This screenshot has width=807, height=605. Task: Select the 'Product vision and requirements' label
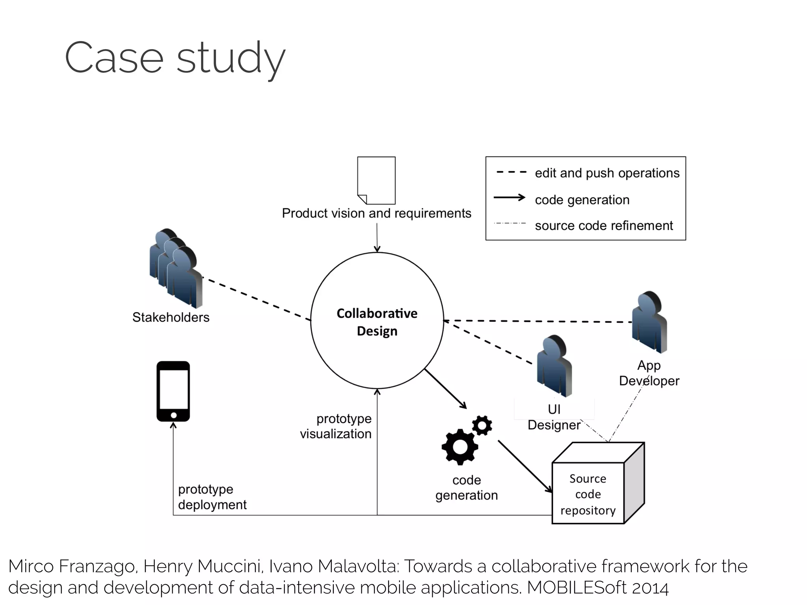pos(376,213)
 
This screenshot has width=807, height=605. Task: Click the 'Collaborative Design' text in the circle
pos(377,322)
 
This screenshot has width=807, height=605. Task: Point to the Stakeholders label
pos(171,317)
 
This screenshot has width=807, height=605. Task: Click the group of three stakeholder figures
pos(176,269)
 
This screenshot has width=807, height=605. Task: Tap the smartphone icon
pos(173,391)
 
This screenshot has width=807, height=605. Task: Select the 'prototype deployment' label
pos(212,497)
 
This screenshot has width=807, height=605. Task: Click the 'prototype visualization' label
pos(336,426)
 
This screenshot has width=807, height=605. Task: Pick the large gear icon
pos(459,447)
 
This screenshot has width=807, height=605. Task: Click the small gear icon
pos(482,425)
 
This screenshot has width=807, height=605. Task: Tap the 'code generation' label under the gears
pos(467,488)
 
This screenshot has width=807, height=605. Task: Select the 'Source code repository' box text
pos(588,494)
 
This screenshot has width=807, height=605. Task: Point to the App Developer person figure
pos(649,322)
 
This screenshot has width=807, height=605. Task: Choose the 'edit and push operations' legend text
pos(607,173)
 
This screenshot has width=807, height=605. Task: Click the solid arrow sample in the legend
pos(509,198)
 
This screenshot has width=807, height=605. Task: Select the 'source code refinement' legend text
pos(604,225)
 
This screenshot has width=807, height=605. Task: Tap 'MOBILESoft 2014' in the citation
pos(598,588)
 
